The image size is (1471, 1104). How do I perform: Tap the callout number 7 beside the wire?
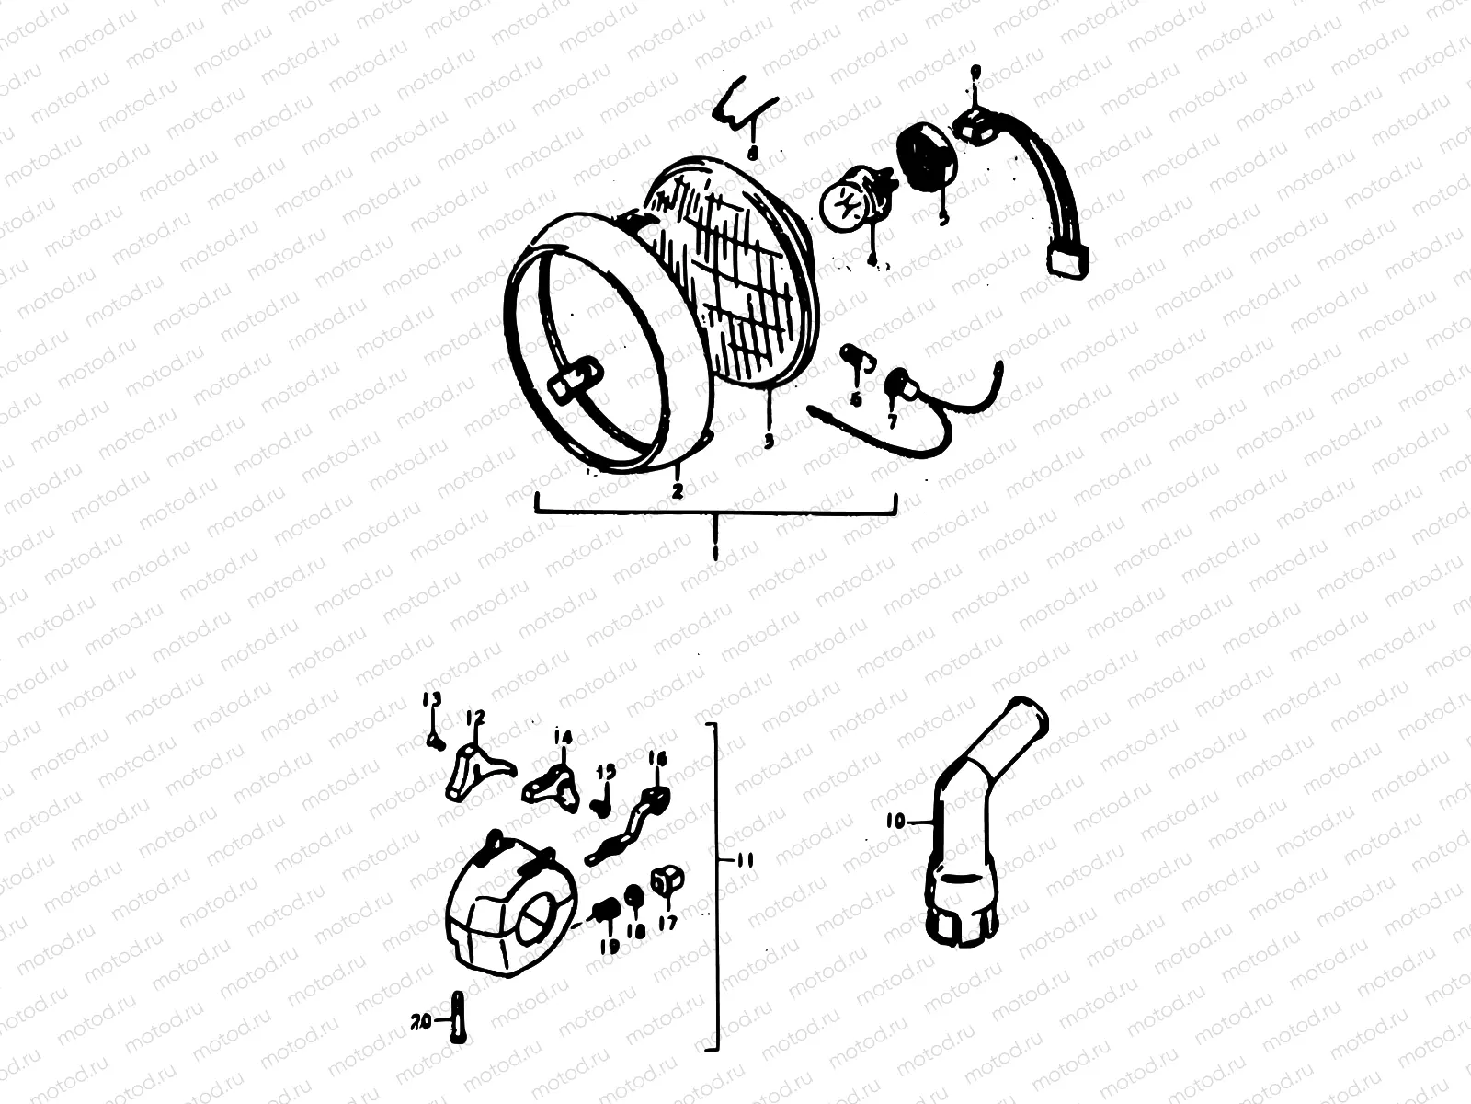[x=892, y=420]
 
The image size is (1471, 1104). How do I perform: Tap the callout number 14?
[x=563, y=737]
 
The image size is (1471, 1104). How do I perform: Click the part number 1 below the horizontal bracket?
[x=715, y=551]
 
